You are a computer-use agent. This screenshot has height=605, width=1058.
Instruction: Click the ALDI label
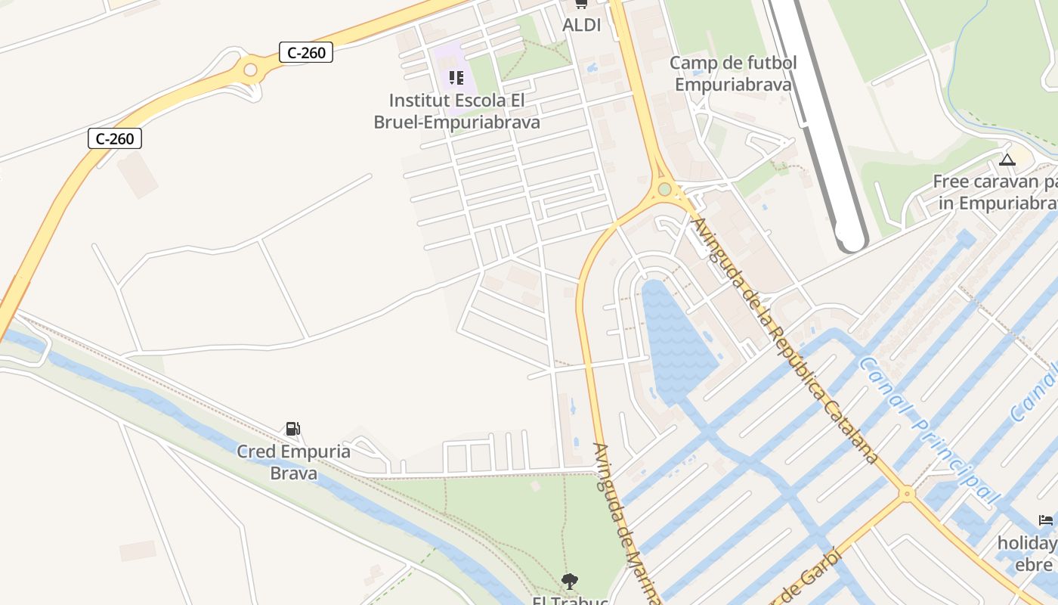click(x=581, y=25)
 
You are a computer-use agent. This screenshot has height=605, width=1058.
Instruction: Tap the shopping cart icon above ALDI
click(x=581, y=4)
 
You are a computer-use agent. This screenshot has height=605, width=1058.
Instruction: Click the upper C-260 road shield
click(x=305, y=52)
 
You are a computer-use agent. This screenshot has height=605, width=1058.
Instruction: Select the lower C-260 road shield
click(x=115, y=138)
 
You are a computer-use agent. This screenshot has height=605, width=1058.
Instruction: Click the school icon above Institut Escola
click(x=456, y=77)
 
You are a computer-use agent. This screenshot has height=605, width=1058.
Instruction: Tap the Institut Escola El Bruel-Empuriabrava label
click(x=456, y=111)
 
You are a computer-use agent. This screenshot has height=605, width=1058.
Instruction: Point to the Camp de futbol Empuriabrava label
click(x=732, y=73)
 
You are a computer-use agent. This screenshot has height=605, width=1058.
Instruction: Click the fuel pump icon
click(x=292, y=429)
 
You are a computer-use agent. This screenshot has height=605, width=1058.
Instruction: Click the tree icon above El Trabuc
click(x=570, y=581)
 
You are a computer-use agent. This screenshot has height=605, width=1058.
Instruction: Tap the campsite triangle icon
click(x=1006, y=160)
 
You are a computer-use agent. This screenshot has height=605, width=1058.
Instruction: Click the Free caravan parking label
click(x=995, y=192)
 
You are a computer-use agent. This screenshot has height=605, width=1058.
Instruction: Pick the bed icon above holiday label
click(x=1046, y=520)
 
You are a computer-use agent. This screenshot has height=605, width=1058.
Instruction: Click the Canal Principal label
click(x=929, y=432)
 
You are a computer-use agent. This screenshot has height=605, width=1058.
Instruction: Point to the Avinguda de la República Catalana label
click(x=786, y=340)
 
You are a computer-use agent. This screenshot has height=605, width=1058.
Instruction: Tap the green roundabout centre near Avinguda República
click(x=664, y=189)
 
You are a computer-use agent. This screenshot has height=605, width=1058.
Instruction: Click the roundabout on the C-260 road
click(x=250, y=70)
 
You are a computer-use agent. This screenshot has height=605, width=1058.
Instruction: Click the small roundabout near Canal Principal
click(x=907, y=494)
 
